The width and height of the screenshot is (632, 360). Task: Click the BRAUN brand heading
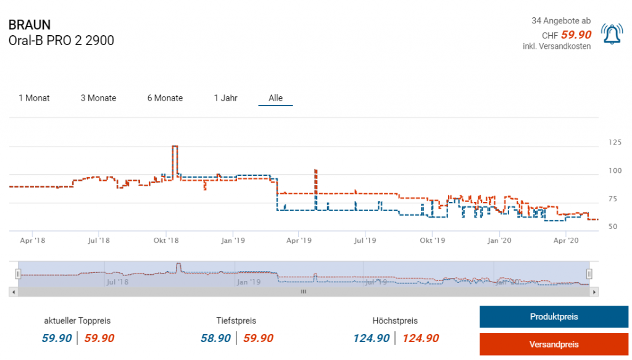pos(30,25)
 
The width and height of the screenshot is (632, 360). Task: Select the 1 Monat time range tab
pos(35,98)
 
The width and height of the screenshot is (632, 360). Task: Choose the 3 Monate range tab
pos(98,98)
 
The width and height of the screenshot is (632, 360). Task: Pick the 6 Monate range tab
pos(165,98)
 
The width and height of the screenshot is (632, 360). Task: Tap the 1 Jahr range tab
pos(225,98)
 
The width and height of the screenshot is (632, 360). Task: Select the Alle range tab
pos(275,98)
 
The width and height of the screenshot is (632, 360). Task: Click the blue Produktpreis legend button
pos(554,317)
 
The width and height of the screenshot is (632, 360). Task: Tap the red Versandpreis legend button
pos(554,344)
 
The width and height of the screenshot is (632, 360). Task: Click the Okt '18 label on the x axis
pos(166,240)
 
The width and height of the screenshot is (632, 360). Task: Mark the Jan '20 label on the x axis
pos(499,240)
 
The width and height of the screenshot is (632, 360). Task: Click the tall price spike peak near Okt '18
pos(175,146)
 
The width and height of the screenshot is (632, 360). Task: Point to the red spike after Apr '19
pos(315,170)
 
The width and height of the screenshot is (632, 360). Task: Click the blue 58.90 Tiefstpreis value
pos(216,338)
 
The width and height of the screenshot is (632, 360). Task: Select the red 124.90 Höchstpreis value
pos(421,338)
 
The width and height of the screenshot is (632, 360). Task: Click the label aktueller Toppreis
pos(77,320)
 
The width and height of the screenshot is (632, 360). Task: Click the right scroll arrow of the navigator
pos(594,291)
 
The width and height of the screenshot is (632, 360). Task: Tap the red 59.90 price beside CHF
pos(576,35)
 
